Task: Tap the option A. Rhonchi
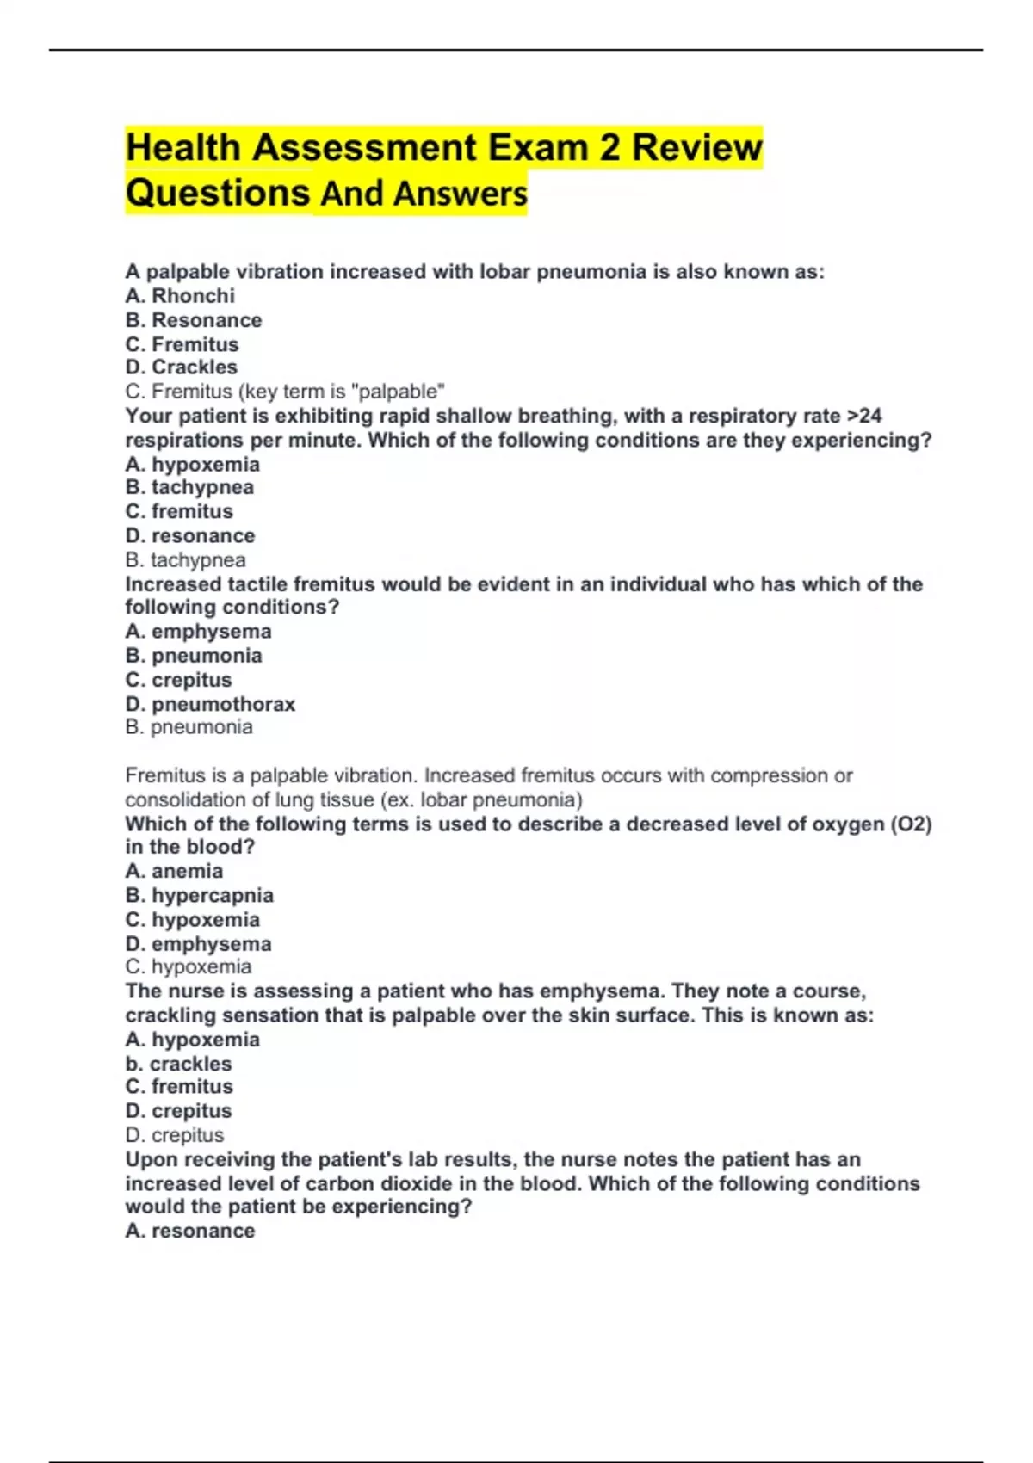click(x=180, y=296)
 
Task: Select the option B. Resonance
click(x=194, y=320)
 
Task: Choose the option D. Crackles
click(x=182, y=367)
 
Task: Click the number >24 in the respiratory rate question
click(x=864, y=417)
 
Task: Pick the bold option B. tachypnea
click(x=189, y=488)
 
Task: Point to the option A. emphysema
click(x=198, y=632)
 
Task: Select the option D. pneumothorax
click(x=210, y=705)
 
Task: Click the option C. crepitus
click(x=178, y=681)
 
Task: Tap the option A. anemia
click(x=174, y=872)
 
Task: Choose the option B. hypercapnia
click(x=200, y=896)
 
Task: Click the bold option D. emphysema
click(x=198, y=944)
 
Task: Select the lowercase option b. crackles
click(x=178, y=1064)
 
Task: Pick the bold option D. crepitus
click(x=178, y=1111)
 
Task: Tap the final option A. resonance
click(x=190, y=1232)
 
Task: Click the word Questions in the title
click(x=218, y=193)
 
